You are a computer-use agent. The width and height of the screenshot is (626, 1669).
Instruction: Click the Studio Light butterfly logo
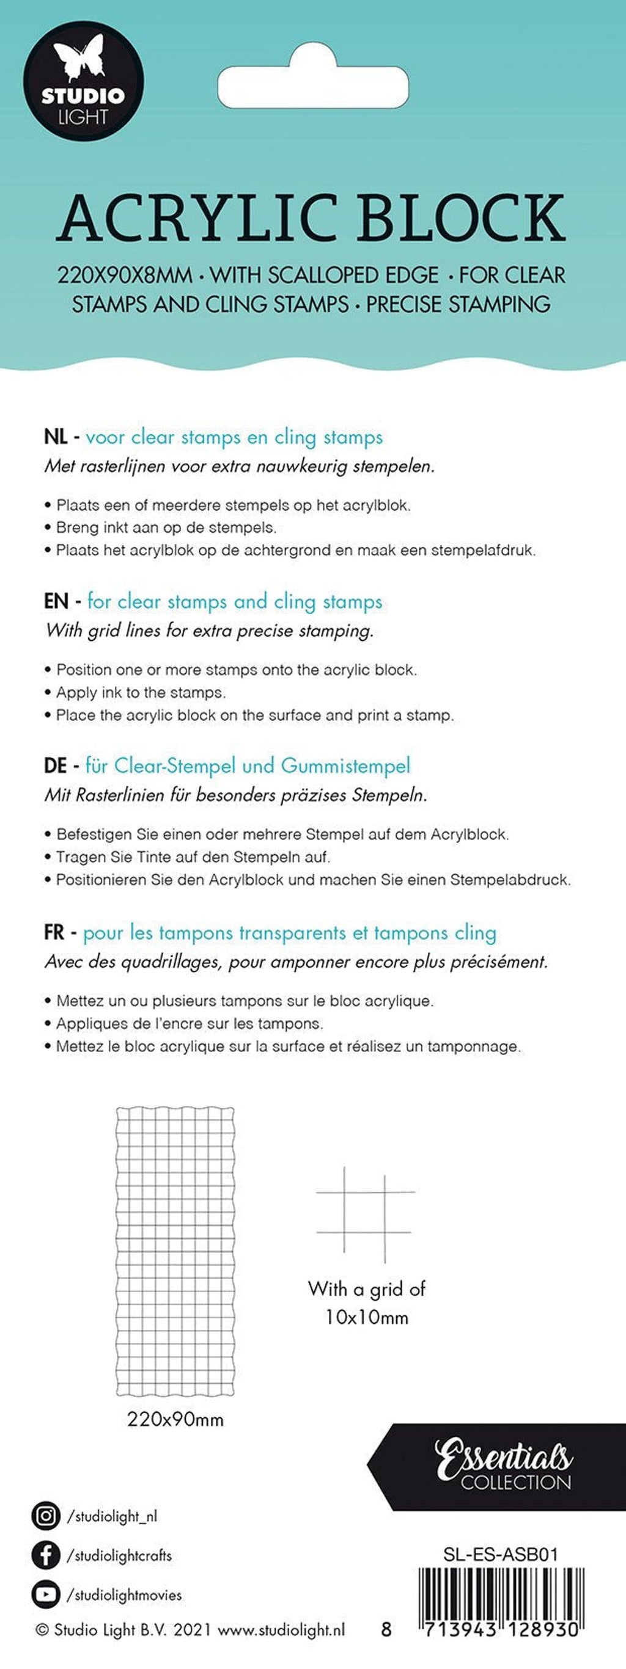coord(84,81)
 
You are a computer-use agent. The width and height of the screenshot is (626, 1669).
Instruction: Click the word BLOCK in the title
coord(462,218)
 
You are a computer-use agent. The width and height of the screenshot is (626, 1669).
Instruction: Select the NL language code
coord(55,437)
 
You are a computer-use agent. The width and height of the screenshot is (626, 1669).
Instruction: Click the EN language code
coord(56,602)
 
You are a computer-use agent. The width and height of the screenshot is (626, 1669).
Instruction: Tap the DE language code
coord(56,767)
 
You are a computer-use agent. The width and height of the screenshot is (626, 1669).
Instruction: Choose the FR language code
coord(54,933)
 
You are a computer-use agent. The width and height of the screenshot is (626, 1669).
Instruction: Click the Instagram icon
coord(45,1516)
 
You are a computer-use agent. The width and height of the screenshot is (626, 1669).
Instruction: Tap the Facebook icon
coord(45,1555)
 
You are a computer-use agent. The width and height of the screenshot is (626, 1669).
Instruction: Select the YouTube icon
coord(45,1594)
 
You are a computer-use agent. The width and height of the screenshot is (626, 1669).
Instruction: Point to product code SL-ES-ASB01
coord(500,1554)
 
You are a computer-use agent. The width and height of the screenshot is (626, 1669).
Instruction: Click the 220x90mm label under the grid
coord(175,1420)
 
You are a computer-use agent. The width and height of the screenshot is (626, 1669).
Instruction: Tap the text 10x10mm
coord(366,1317)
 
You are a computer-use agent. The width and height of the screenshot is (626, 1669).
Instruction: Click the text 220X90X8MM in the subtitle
coord(125,276)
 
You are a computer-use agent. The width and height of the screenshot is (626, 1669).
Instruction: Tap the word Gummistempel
coord(345,767)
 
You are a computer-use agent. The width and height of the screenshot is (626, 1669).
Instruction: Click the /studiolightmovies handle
coord(125,1595)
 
